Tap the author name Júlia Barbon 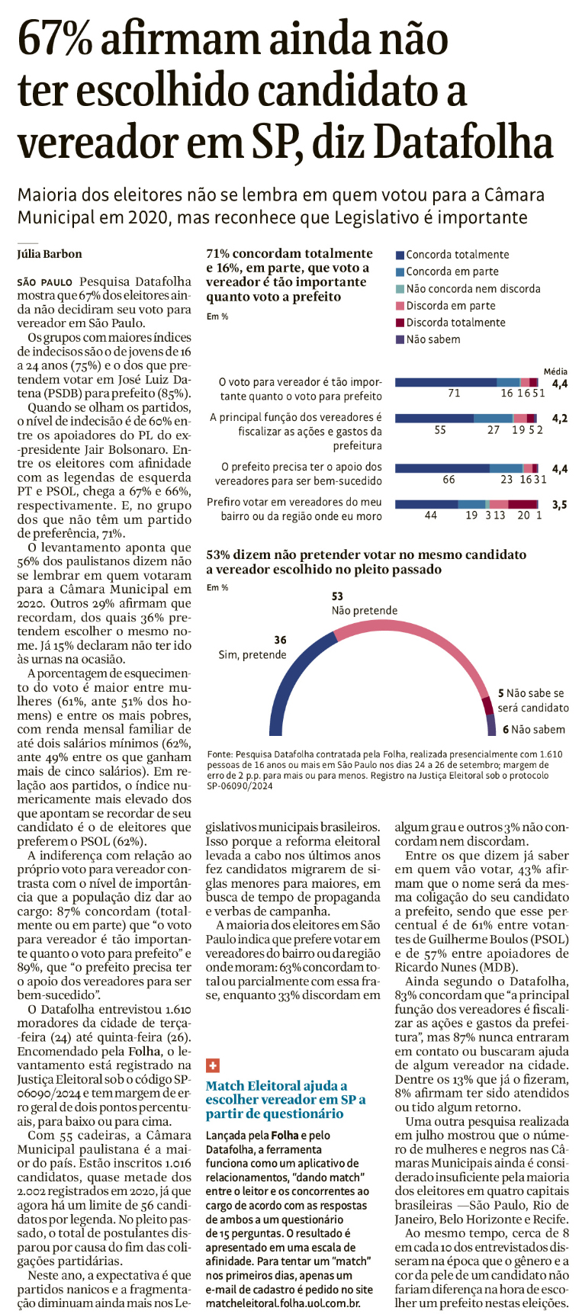[50, 254]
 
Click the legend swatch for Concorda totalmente [400, 255]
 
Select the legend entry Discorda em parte [450, 305]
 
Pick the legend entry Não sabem [432, 339]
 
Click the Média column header [555, 371]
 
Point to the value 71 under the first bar [454, 394]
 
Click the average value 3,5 [559, 505]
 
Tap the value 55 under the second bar [440, 430]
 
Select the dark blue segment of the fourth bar [426, 504]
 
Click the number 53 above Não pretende [337, 596]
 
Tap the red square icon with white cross [213, 1065]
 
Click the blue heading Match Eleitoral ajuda [276, 1085]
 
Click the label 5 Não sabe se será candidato [532, 700]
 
